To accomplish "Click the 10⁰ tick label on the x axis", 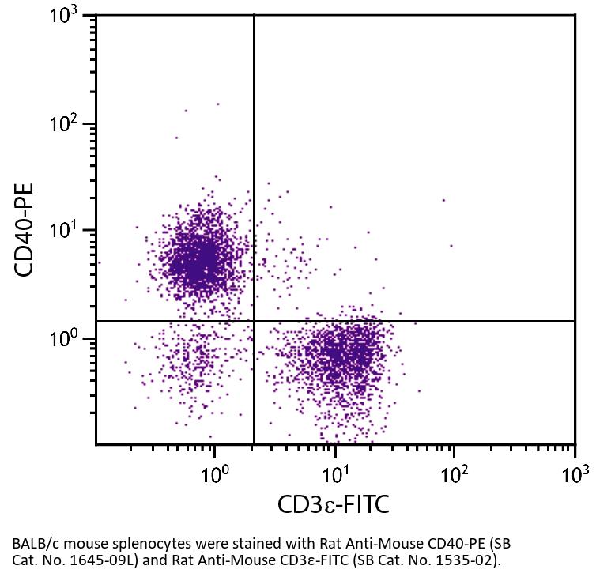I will pyautogui.click(x=214, y=474).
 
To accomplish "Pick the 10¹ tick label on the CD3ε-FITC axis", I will pyautogui.click(x=335, y=474).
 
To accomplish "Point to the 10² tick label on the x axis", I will pyautogui.click(x=455, y=474).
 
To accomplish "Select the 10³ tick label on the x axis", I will pyautogui.click(x=575, y=474).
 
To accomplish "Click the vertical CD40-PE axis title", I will pyautogui.click(x=26, y=230).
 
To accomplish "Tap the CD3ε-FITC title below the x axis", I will pyautogui.click(x=333, y=505).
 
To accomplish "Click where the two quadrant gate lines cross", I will pyautogui.click(x=254, y=321).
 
